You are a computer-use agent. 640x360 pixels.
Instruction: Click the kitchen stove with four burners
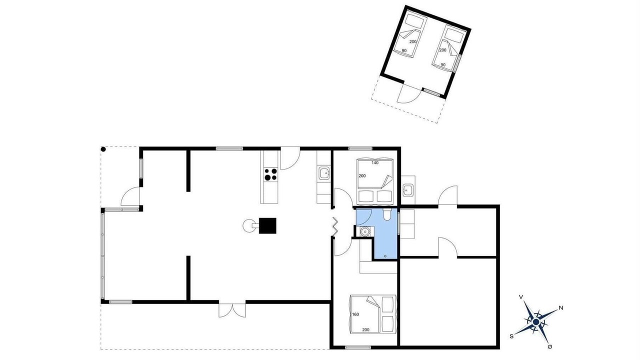(x=270, y=174)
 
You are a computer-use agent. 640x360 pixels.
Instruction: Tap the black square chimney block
(x=267, y=225)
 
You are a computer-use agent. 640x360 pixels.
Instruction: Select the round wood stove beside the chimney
(x=248, y=225)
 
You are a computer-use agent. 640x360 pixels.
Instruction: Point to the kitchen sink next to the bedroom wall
(x=323, y=173)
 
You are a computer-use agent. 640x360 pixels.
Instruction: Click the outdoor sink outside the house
(x=407, y=190)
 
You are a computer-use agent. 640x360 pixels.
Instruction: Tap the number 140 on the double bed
(x=375, y=163)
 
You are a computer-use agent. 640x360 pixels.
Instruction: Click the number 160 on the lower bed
(x=355, y=314)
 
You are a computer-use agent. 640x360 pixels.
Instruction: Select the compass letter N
(x=561, y=308)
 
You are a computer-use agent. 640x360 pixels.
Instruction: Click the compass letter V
(x=521, y=297)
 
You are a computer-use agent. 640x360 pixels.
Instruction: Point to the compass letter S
(x=511, y=336)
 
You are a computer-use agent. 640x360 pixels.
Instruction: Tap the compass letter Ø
(x=550, y=346)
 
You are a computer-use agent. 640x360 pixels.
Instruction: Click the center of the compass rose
(x=536, y=322)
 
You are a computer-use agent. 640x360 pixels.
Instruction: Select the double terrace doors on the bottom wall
(x=232, y=310)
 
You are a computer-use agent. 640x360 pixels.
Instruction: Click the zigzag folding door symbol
(x=334, y=226)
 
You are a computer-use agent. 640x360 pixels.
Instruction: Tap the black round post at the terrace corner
(x=103, y=149)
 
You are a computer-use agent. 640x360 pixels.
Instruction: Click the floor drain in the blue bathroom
(x=385, y=256)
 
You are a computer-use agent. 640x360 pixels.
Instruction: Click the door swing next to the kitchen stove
(x=290, y=159)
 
